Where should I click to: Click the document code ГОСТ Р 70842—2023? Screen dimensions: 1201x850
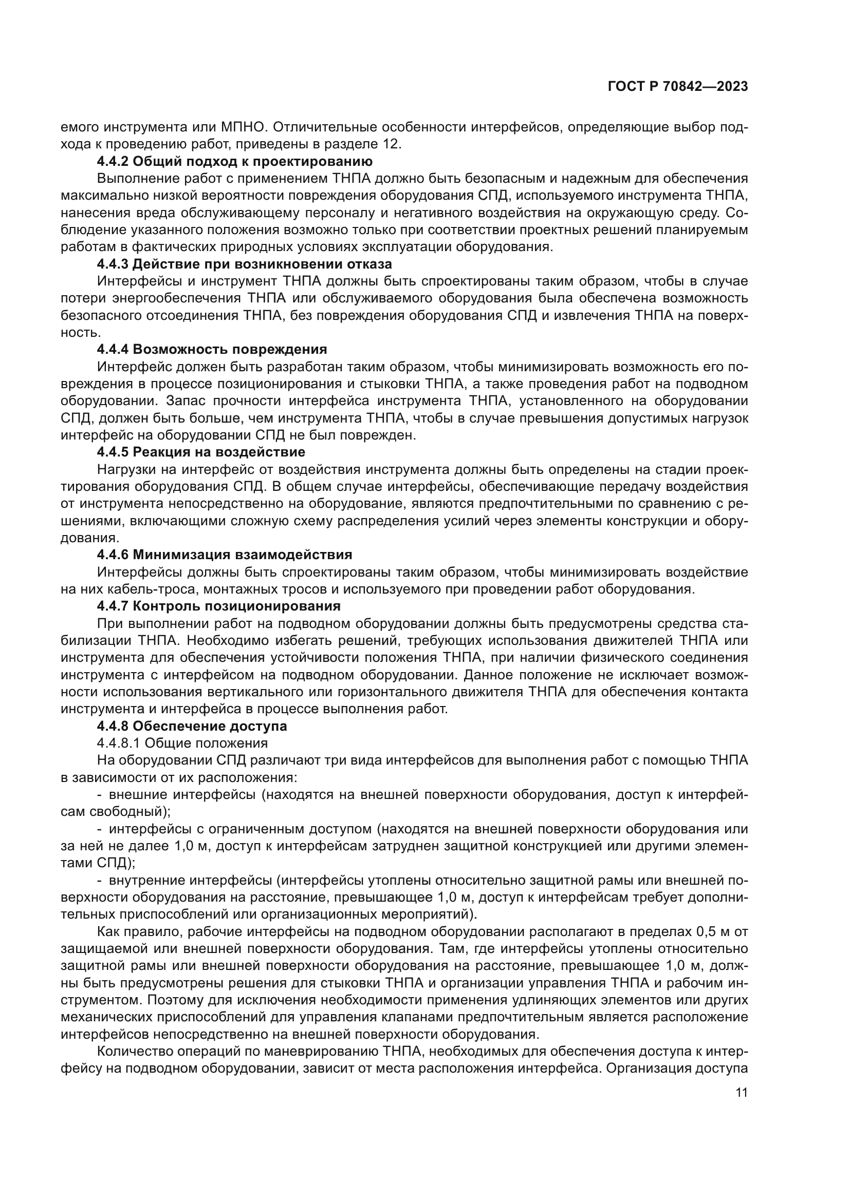[677, 86]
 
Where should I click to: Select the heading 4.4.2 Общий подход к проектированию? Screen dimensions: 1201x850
[234, 161]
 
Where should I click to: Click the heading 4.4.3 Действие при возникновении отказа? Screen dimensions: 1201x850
[244, 263]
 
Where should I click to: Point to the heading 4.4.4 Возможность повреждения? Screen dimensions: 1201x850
[211, 350]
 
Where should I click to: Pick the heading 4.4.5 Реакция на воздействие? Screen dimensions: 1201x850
[201, 451]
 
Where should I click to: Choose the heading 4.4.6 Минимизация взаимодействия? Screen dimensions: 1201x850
[224, 555]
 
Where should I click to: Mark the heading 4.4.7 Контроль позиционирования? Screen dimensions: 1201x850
[218, 606]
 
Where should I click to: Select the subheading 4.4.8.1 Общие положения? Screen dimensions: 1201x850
[182, 743]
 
